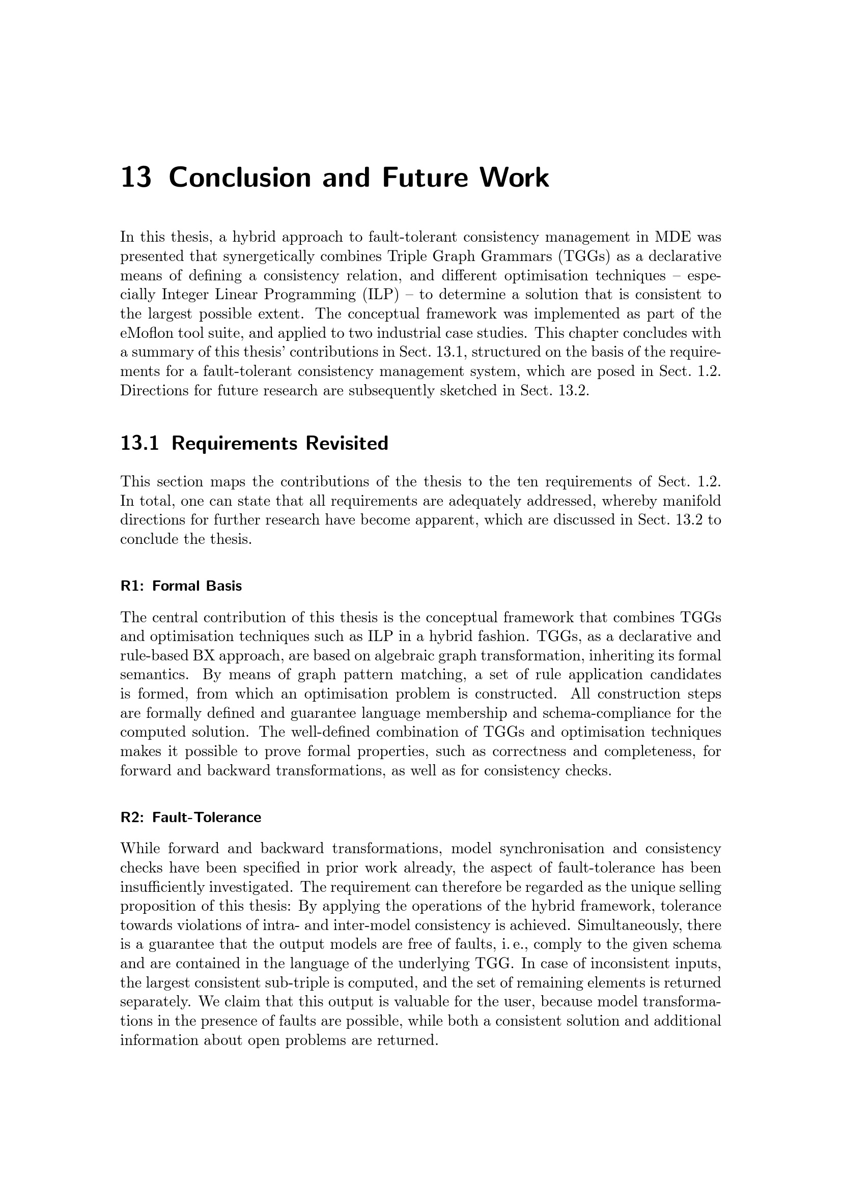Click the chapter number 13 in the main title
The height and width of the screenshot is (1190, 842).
tap(136, 178)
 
